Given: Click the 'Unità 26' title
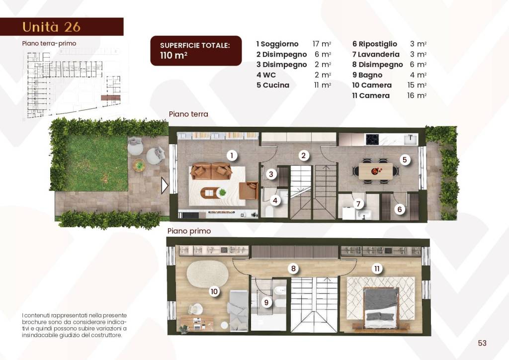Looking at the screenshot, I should point(52,26).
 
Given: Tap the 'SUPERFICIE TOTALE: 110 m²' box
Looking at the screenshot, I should point(196,50).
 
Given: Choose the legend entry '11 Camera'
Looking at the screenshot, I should point(371,95).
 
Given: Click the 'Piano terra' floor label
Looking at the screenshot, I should point(188,114).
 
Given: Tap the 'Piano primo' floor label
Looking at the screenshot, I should point(189,231).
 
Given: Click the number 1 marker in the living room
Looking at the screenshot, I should point(231,156).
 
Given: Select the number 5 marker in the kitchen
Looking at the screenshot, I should point(405,160).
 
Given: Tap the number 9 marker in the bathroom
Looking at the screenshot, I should point(266,302).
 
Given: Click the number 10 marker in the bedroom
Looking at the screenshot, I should point(214,291).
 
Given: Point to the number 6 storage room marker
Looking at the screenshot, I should point(399,210).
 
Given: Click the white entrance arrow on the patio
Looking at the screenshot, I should point(165,186).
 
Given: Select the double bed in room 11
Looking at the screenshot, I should point(381,305).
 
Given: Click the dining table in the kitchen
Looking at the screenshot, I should point(375,171).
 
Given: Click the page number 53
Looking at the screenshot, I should point(482,343).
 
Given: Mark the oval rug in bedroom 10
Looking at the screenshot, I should point(207,274).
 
